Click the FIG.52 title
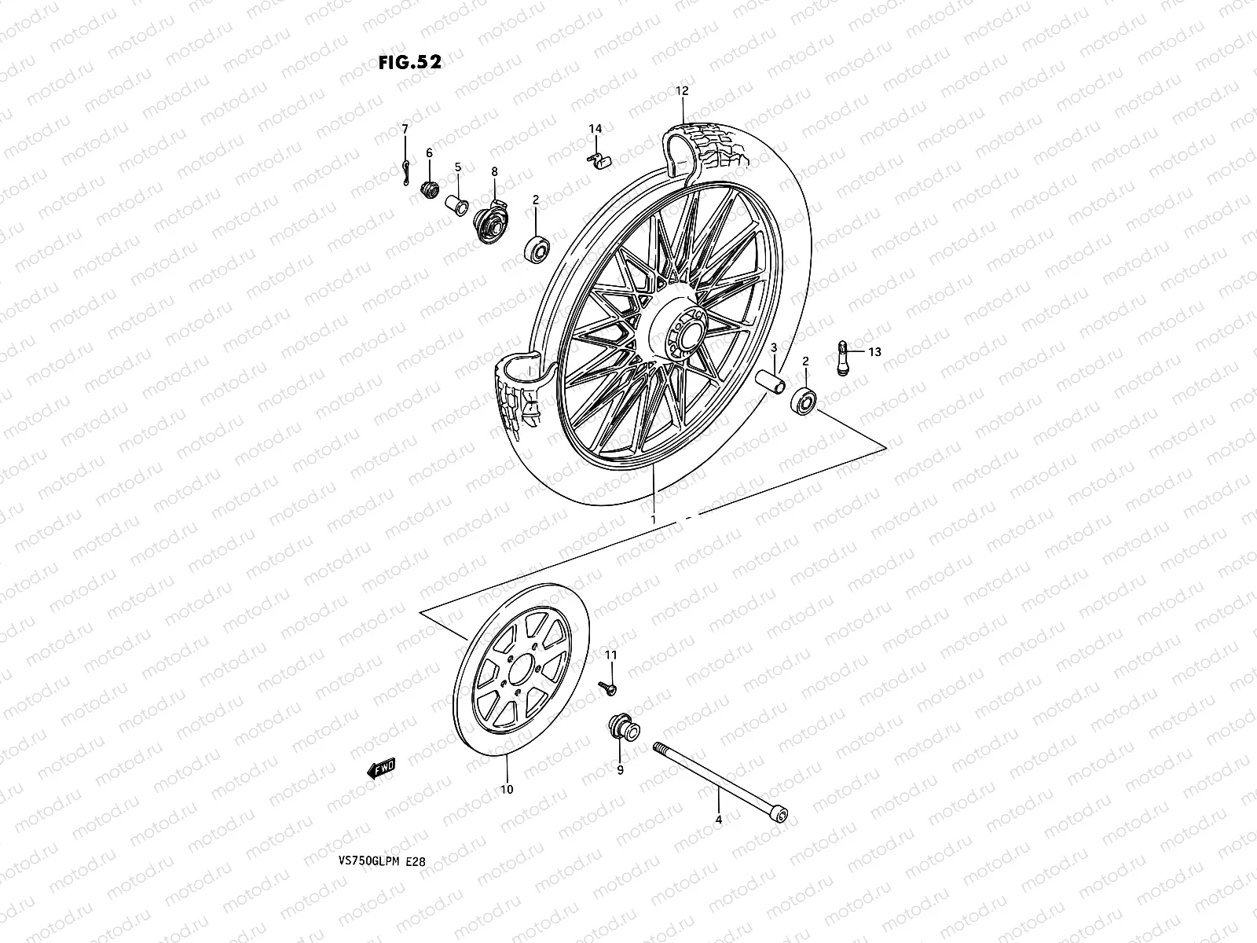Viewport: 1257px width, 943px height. coord(409,63)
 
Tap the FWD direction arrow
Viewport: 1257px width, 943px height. coord(382,769)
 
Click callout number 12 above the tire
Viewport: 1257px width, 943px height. coord(681,91)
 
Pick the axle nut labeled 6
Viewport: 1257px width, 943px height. coord(430,190)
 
